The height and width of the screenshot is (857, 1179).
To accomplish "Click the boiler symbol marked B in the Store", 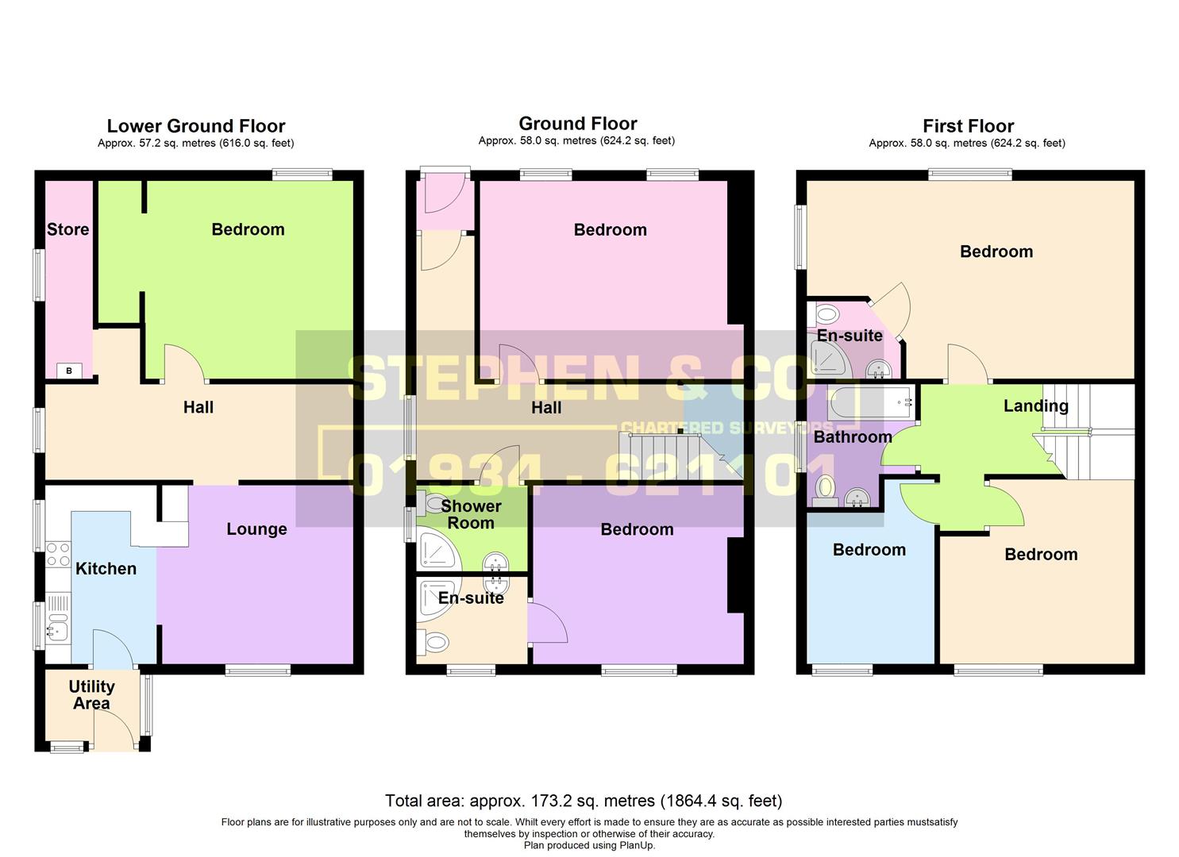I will coord(69,371).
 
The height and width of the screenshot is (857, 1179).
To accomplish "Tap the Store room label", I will coord(67,229).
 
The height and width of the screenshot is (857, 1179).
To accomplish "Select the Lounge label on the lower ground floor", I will coord(256,529).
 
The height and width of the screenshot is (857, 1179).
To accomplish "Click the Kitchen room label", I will coord(106,568).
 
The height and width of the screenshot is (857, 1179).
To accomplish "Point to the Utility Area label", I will coord(91,694).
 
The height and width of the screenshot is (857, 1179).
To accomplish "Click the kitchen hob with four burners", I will coord(58,554).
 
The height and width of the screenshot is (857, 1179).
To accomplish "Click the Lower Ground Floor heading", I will coord(196,125).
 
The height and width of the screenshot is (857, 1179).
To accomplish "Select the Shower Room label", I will coord(471,514).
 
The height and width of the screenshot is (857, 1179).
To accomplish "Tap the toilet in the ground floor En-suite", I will coord(437,640).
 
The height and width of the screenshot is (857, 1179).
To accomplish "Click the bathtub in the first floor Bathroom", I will coord(872,402).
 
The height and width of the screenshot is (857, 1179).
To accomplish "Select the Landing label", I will coord(1035,405).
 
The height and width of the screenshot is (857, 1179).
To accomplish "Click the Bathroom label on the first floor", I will coord(853,436).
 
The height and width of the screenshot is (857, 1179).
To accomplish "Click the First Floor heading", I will coord(968,125).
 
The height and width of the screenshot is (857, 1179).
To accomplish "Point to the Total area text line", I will coord(584,801).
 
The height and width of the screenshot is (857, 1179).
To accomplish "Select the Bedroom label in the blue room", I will coord(869,550).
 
